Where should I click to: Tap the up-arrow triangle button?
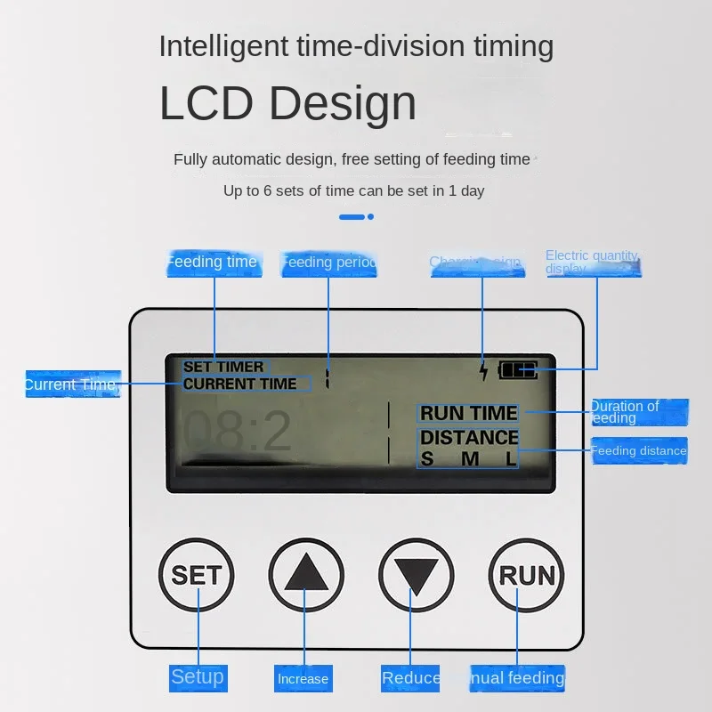(305, 574)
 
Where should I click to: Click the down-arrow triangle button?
(415, 574)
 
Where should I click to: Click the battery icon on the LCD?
(518, 369)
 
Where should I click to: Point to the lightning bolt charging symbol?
(483, 370)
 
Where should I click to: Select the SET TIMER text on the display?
(223, 367)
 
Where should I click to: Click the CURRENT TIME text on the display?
(240, 384)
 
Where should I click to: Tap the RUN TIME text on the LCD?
(468, 413)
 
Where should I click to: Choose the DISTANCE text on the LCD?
(469, 437)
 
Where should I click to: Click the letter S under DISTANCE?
(427, 459)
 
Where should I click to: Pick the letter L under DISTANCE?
(511, 459)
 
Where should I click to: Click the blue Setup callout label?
(198, 677)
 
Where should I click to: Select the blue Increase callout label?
(303, 679)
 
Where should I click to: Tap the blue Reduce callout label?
(411, 678)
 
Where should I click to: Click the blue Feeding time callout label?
(213, 263)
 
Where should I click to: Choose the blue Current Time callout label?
(71, 384)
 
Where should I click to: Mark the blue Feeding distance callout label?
(639, 451)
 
